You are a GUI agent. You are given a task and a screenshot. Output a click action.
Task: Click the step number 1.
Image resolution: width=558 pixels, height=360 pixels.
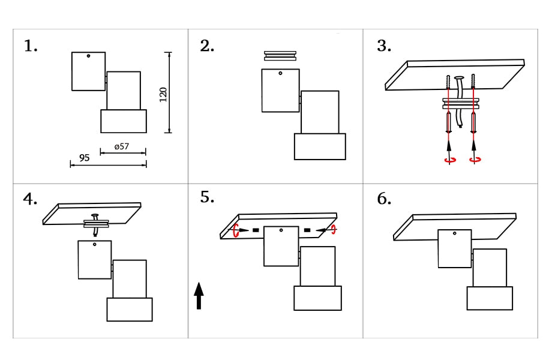[31, 46]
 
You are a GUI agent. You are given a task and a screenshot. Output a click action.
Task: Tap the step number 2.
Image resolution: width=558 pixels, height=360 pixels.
[207, 46]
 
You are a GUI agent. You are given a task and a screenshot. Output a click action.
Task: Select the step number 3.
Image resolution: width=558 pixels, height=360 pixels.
[384, 46]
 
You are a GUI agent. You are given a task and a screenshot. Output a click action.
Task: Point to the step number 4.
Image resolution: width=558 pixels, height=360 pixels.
[30, 199]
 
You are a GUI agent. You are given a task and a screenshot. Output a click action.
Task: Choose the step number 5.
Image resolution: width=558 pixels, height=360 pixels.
[207, 197]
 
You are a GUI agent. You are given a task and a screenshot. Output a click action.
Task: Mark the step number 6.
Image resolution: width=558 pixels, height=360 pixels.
[384, 199]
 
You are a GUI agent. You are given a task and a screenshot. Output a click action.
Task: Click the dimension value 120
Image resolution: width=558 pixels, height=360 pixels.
[163, 94]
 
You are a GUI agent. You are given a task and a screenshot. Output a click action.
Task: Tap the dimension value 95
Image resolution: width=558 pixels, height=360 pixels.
[84, 158]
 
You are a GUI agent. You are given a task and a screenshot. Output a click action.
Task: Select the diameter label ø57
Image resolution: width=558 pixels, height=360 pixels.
[121, 146]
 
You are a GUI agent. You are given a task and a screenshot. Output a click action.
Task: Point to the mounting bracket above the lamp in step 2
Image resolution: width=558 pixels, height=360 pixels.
[281, 56]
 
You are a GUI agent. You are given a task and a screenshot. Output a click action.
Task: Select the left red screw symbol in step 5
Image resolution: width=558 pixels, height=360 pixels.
[236, 230]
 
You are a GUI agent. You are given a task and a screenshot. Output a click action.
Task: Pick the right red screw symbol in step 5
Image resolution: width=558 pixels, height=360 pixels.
[334, 229]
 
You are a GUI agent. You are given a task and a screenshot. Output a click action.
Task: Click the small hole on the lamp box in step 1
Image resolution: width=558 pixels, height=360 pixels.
[88, 56]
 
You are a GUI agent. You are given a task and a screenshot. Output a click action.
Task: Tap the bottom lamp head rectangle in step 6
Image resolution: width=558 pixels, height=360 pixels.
[490, 298]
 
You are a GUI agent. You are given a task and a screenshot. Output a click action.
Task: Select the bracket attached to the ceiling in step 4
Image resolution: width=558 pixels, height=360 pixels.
[96, 224]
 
